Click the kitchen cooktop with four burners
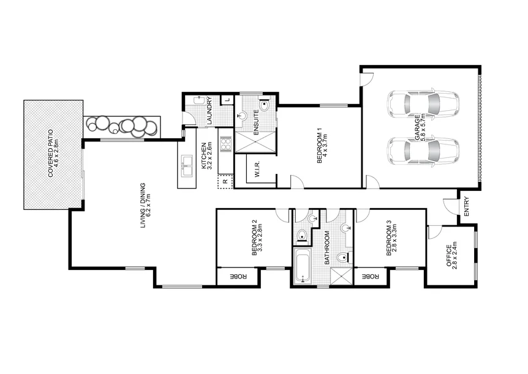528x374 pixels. (225, 144)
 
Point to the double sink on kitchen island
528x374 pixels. (187, 163)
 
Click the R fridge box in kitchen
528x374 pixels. (225, 181)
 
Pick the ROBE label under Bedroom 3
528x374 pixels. (371, 277)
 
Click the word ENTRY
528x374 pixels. (466, 206)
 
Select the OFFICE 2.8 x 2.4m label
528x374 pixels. (451, 257)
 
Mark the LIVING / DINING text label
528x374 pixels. (145, 206)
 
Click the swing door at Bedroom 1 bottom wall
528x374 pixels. (295, 181)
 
